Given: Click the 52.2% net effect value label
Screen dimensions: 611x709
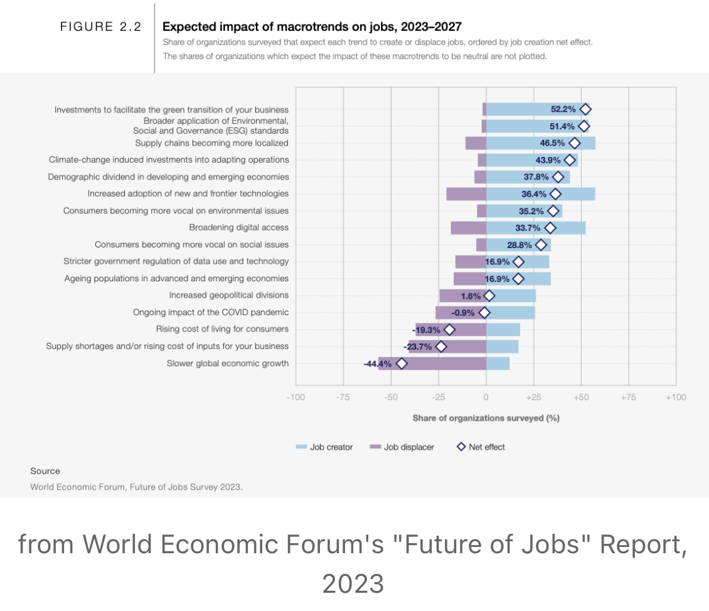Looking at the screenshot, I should [x=563, y=109].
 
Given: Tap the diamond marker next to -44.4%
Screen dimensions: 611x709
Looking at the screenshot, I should [x=402, y=363].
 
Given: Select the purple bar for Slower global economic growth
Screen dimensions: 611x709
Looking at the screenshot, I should [x=432, y=363].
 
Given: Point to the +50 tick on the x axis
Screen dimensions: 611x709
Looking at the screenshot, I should [x=581, y=397].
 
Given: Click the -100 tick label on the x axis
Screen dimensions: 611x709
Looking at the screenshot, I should [x=296, y=397].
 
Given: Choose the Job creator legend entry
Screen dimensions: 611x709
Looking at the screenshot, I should [x=324, y=447].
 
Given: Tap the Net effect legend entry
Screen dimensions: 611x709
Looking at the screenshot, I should [x=481, y=447].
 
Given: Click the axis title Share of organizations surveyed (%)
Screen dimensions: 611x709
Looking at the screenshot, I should [x=486, y=418].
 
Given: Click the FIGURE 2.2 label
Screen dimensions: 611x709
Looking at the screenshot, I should [x=100, y=26].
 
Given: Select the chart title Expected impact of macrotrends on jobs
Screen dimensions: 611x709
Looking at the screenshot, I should [x=312, y=26].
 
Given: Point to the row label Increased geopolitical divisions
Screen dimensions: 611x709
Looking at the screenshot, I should [x=228, y=295].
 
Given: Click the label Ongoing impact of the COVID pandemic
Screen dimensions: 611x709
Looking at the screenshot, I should [x=210, y=312].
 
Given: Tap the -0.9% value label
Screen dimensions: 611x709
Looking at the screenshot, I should [x=463, y=312].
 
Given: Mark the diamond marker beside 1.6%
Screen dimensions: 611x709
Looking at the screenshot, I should [x=489, y=295].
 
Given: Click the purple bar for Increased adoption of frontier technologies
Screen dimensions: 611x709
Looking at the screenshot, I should [x=466, y=193].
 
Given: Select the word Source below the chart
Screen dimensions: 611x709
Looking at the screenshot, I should [x=45, y=471].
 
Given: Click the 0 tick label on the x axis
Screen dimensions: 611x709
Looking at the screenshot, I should [x=486, y=397].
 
